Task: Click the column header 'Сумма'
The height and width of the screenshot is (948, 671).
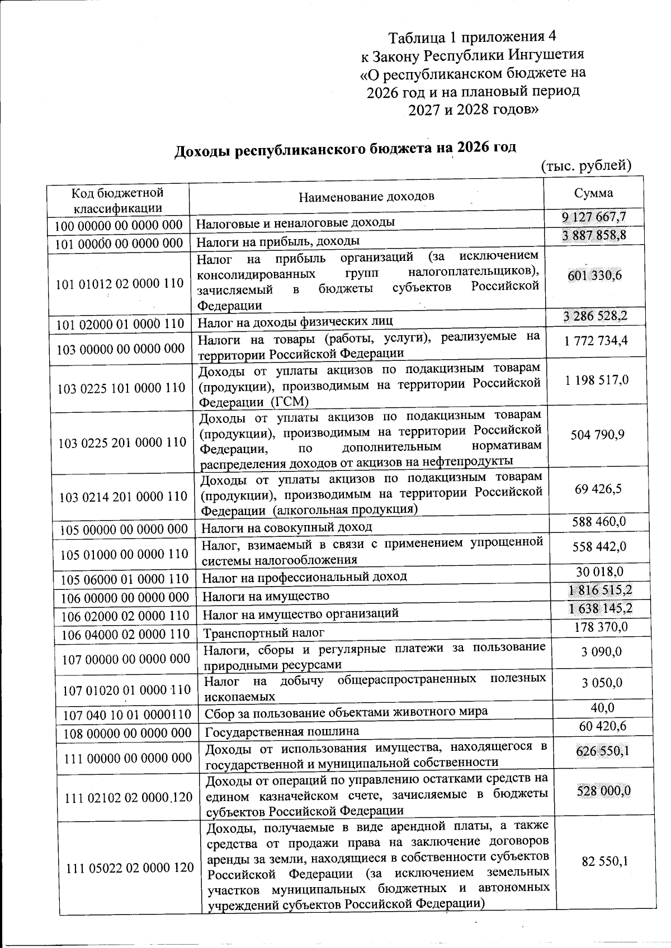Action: click(593, 193)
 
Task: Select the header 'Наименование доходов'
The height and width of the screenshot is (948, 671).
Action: click(366, 197)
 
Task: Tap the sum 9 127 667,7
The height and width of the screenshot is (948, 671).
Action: click(594, 217)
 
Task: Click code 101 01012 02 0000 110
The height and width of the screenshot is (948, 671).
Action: click(120, 283)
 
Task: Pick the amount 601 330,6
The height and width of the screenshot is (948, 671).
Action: click(595, 275)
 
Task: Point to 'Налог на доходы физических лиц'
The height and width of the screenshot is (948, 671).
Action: click(297, 321)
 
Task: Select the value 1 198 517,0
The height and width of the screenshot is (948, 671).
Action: click(596, 380)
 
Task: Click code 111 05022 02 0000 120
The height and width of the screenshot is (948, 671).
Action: click(130, 868)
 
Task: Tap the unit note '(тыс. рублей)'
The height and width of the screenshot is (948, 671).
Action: click(587, 165)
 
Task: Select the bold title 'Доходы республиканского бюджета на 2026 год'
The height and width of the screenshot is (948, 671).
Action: click(346, 150)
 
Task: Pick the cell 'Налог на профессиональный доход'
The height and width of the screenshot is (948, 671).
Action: click(304, 576)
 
